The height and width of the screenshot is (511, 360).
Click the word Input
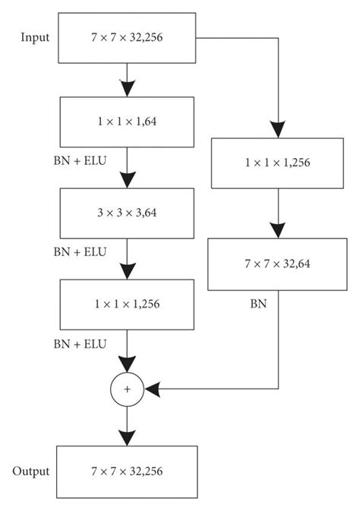[x=36, y=36]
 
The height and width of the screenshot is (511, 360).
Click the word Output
[x=31, y=471]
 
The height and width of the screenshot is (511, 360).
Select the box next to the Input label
[x=128, y=37]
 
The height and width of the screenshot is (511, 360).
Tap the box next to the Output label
[x=128, y=472]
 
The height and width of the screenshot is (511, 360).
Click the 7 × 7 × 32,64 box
[x=279, y=264]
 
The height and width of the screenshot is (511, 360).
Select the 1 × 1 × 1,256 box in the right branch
[x=279, y=162]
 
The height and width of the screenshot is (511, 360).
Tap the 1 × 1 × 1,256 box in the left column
[x=128, y=303]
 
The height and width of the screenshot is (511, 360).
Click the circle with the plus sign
[x=128, y=389]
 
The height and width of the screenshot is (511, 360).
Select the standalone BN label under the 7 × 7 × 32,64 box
[x=258, y=303]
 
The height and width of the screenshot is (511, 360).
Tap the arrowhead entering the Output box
[x=128, y=437]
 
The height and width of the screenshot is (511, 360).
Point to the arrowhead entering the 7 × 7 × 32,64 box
[x=279, y=231]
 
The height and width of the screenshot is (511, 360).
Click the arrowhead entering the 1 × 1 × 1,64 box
[x=128, y=87]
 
